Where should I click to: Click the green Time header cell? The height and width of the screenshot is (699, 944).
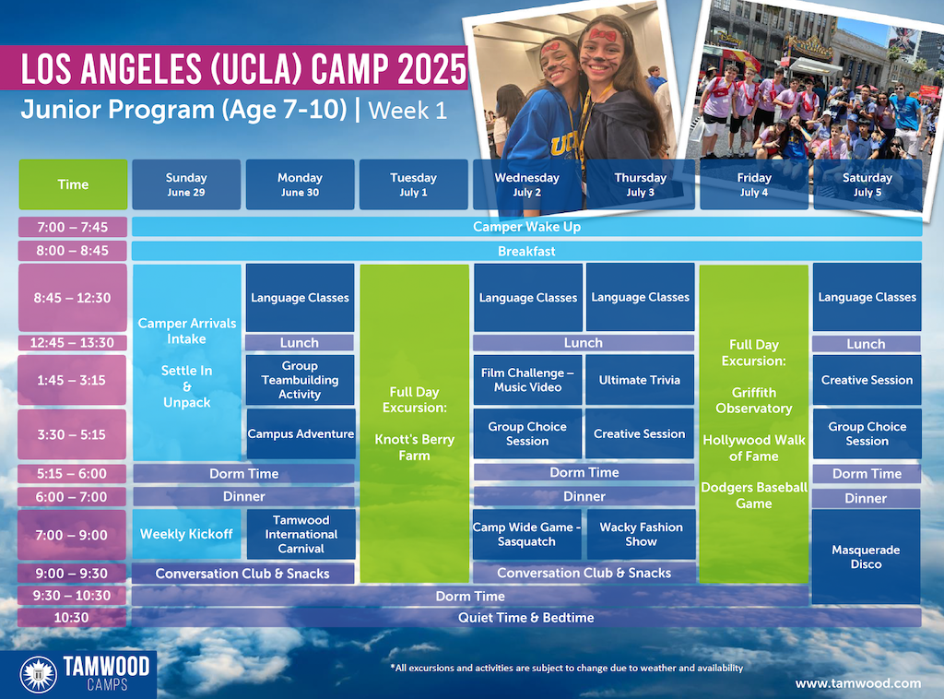click(73, 184)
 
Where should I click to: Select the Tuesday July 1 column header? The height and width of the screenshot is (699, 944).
click(414, 184)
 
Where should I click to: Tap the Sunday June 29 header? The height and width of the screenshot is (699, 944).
click(186, 184)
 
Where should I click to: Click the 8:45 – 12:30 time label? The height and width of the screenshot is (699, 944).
click(72, 298)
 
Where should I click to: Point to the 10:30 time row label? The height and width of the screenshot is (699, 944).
click(72, 618)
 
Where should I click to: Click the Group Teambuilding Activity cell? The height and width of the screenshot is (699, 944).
click(300, 380)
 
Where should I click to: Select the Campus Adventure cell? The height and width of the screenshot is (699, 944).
click(301, 433)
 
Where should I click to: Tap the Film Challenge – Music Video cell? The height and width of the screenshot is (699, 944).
click(528, 380)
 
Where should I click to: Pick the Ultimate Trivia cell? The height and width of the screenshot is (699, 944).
click(640, 380)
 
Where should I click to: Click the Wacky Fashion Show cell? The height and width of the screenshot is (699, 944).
click(642, 535)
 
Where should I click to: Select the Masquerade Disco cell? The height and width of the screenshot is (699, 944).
click(867, 557)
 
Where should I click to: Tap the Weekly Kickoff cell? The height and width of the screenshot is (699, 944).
click(186, 535)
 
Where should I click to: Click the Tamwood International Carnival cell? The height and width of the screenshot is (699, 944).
click(301, 535)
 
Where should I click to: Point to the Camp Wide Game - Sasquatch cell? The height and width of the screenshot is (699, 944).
click(526, 535)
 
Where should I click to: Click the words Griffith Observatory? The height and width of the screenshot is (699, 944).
click(754, 400)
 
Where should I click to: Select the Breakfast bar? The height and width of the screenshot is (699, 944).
click(526, 251)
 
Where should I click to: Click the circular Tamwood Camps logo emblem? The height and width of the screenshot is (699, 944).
click(39, 674)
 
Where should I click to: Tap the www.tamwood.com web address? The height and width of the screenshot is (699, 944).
click(858, 683)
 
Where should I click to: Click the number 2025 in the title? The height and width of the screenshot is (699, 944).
click(431, 68)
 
